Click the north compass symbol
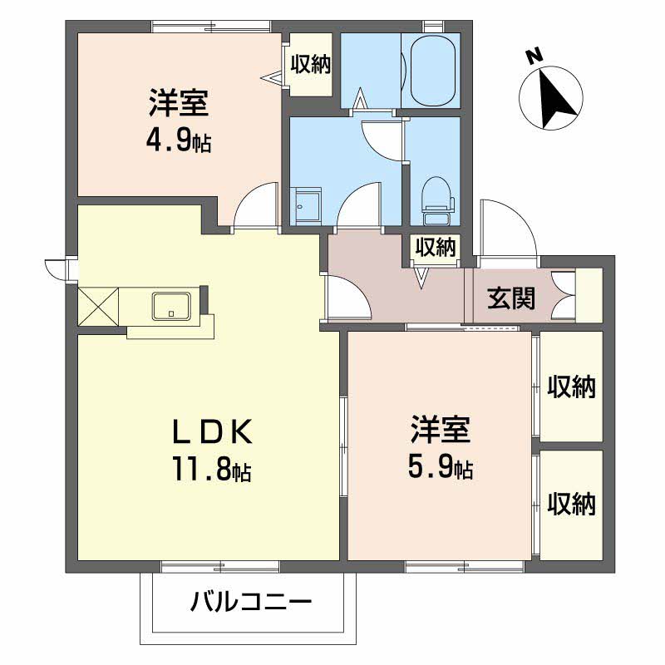pos(550,98)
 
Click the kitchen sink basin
pos(173,306)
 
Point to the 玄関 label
pos(511,298)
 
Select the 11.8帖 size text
pos(211,471)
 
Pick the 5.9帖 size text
pos(441,470)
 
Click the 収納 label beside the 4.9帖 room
pos(310,64)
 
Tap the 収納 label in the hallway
pos(435,247)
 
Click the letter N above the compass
pos(534,57)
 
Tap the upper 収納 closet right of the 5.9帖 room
pos(572,387)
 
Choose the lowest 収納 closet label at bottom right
pos(572,503)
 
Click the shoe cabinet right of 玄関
pos(589,295)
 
